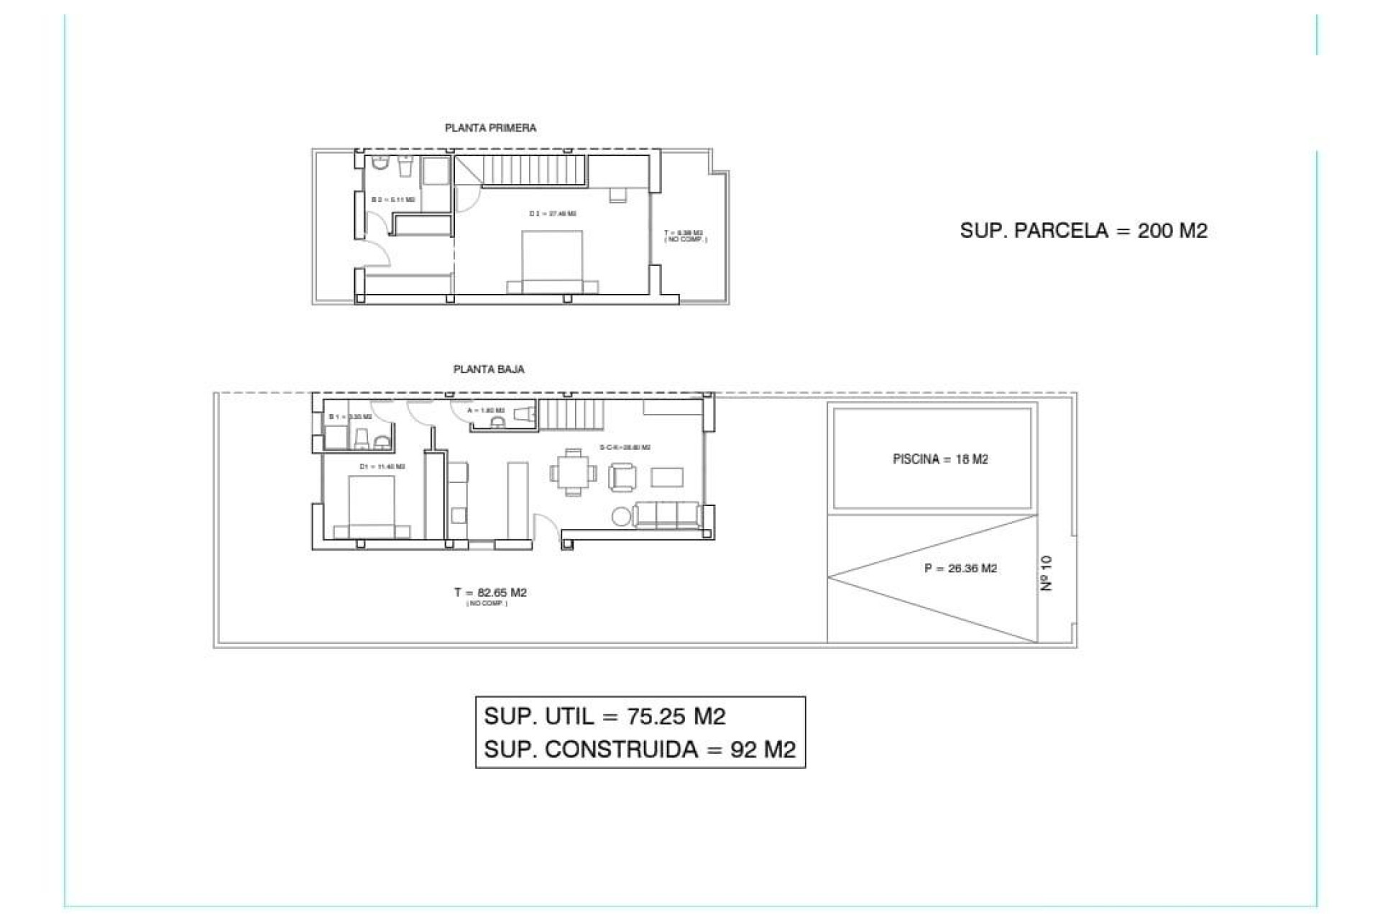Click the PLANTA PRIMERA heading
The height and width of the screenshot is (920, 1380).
point(490,128)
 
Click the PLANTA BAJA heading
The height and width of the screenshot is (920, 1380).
point(489,369)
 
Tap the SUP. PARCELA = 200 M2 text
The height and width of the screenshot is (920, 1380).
point(1083,231)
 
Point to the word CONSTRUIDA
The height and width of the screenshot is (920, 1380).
point(622,750)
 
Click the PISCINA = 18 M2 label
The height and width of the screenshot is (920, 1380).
point(940,459)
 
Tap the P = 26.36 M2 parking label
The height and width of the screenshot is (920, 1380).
point(960,569)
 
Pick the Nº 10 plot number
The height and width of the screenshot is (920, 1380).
point(1046,573)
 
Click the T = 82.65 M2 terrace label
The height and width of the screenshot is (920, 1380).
point(490,593)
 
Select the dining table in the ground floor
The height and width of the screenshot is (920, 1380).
point(573,472)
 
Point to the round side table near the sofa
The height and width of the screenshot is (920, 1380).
point(621,516)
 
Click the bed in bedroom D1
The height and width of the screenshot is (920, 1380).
point(372,507)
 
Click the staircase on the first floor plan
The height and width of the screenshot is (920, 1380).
point(533,171)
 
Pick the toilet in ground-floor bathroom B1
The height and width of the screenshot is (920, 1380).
point(362,439)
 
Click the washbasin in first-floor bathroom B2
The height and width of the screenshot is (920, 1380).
point(405,167)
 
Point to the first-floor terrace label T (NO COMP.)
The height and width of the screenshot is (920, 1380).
point(685,236)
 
